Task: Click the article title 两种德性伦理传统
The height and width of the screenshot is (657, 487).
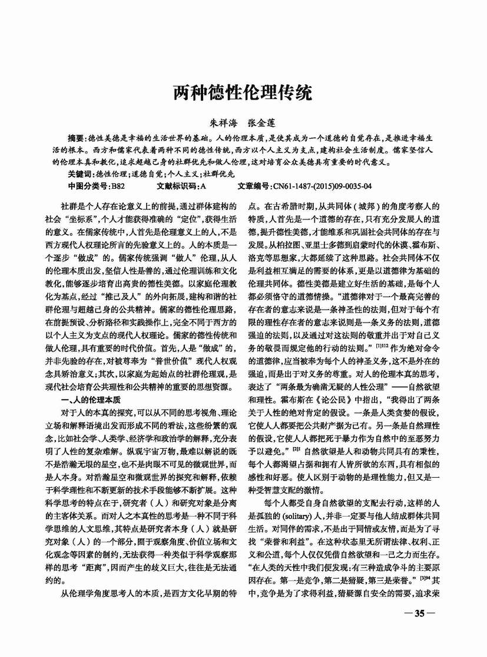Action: click(x=243, y=93)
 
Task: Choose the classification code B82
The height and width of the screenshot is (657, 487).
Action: click(x=118, y=186)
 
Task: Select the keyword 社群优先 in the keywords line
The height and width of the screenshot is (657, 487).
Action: click(x=218, y=174)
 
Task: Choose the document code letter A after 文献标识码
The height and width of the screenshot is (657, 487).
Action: click(x=203, y=186)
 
